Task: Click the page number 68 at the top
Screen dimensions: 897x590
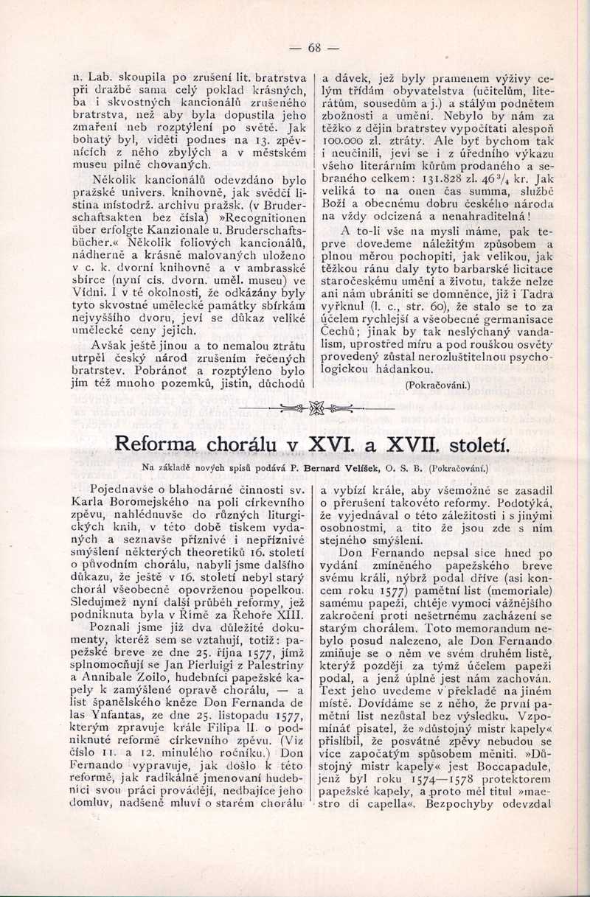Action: pos(314,48)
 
